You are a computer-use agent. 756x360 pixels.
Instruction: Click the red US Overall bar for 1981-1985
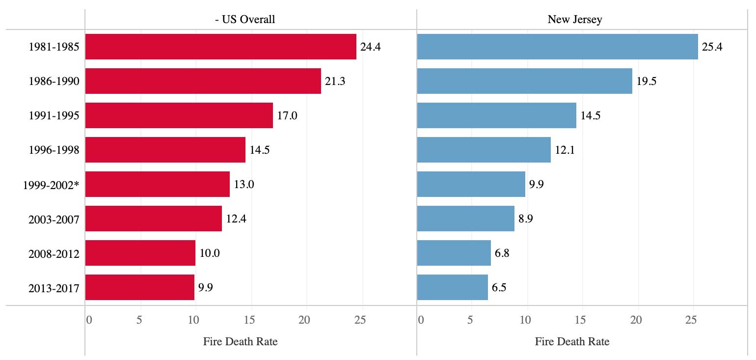click(220, 47)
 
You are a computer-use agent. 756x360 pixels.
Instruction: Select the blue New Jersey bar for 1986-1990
click(524, 81)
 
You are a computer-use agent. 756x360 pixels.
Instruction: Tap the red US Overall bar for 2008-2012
click(140, 253)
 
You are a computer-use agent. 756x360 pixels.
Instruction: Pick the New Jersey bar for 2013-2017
click(452, 287)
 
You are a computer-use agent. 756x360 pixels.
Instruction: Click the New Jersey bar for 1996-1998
click(484, 150)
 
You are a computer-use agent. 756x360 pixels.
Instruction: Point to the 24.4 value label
click(371, 47)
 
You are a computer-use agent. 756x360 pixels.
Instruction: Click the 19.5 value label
click(646, 82)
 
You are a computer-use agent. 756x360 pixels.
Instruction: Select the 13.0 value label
click(244, 185)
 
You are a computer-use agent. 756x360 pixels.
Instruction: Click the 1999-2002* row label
click(51, 185)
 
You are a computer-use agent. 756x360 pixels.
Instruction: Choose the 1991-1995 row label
click(54, 116)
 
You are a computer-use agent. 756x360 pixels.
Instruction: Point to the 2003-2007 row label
click(54, 220)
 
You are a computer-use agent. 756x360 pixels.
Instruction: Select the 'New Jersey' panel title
click(575, 20)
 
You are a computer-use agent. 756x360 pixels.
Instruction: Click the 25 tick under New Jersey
click(691, 320)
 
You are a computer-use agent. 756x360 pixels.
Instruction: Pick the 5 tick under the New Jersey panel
click(470, 320)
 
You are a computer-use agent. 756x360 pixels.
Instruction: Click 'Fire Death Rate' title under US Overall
click(241, 341)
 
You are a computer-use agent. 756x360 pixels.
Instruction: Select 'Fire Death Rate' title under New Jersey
click(572, 341)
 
